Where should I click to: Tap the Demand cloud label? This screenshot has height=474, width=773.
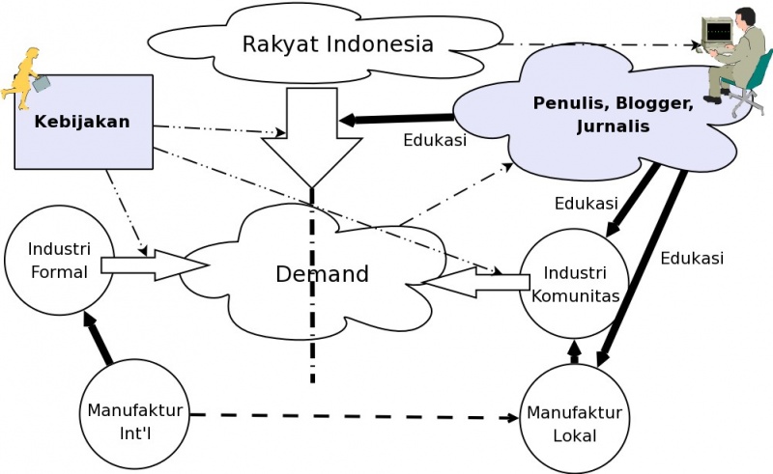tap(322, 274)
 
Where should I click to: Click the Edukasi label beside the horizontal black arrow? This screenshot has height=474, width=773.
tap(434, 140)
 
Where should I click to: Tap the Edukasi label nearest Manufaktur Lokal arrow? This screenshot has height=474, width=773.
tap(692, 259)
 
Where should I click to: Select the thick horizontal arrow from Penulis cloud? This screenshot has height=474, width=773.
tap(396, 119)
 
